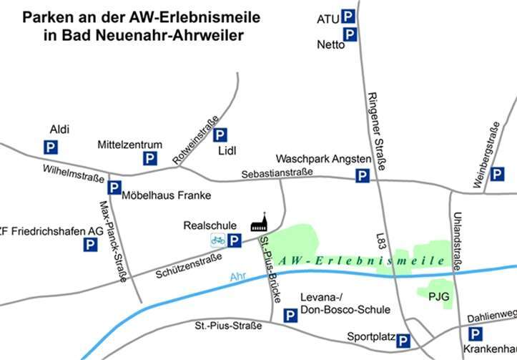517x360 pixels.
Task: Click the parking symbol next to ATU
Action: pos(348,16)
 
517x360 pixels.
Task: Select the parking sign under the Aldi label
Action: pos(51,147)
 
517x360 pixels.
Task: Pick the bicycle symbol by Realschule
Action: pos(217,240)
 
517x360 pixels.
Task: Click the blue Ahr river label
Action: pos(238,277)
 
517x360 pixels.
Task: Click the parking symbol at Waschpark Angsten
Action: pos(363,175)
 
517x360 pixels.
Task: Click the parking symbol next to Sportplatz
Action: pos(403,341)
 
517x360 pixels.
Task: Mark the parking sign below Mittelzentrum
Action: pos(150,159)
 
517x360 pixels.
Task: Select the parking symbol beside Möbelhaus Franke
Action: pos(114,188)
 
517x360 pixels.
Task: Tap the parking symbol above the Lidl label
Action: pos(220,134)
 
